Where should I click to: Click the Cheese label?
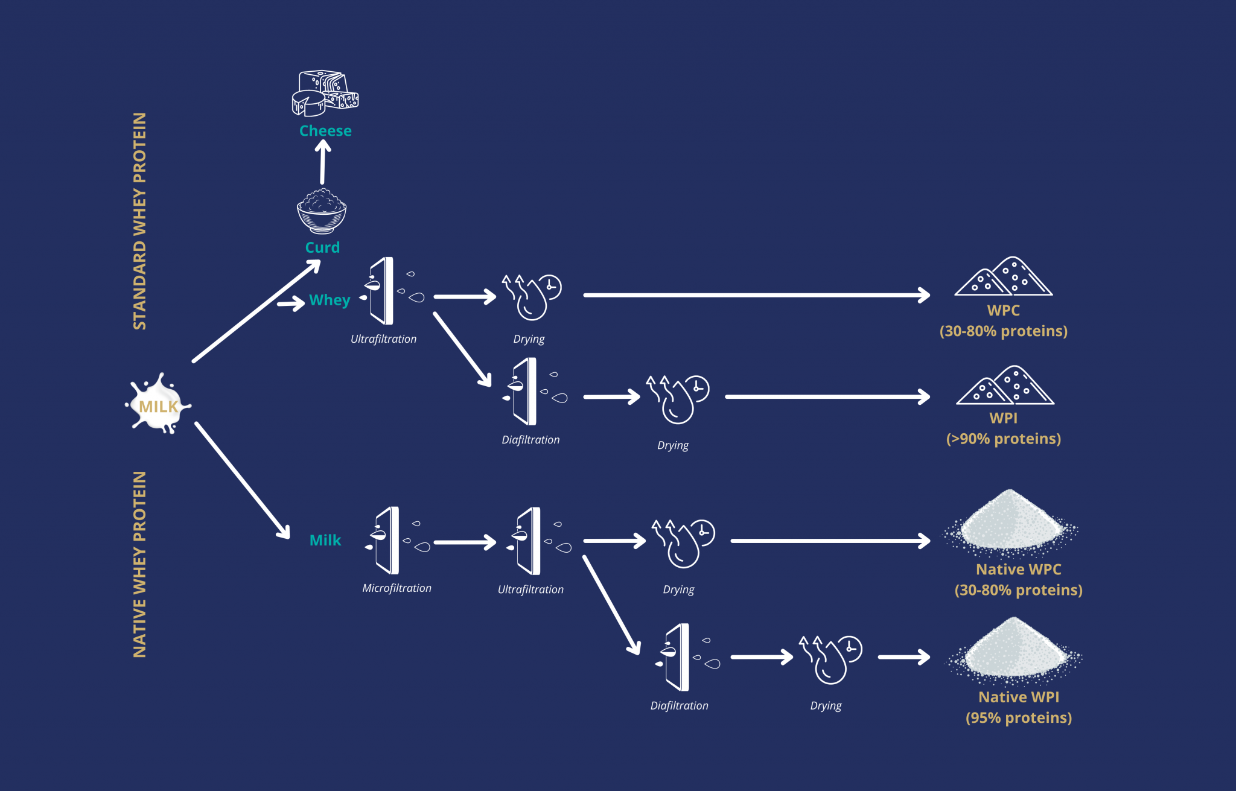[x=325, y=130]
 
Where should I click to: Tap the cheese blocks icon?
[x=325, y=93]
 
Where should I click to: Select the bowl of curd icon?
[x=322, y=211]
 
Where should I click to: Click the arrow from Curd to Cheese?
[x=323, y=162]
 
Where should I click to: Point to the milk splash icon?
[x=158, y=403]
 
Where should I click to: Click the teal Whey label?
[x=330, y=300]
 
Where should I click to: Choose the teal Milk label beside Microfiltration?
[x=325, y=540]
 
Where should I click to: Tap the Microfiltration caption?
[x=397, y=588]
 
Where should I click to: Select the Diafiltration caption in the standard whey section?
[x=530, y=440]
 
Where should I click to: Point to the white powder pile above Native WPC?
[x=1011, y=521]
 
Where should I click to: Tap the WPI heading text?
[x=1003, y=418]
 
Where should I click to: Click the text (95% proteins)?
[x=1019, y=717]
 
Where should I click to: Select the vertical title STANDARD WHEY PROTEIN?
[x=139, y=221]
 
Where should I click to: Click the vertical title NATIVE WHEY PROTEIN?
[x=139, y=564]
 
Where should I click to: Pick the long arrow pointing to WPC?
[x=757, y=295]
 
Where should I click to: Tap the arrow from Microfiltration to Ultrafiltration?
[x=465, y=542]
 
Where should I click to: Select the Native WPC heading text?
[x=1019, y=569]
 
